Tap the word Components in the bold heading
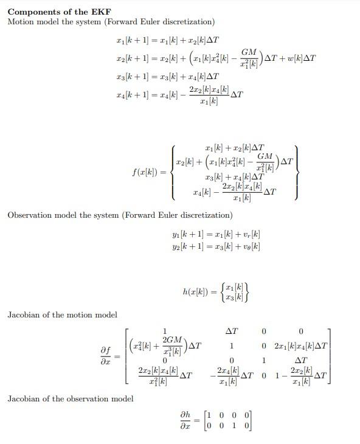pos(30,12)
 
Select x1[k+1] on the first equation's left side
pos(133,41)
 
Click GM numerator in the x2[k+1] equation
pos(248,52)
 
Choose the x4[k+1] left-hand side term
pos(133,94)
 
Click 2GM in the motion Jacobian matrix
pos(173,339)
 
